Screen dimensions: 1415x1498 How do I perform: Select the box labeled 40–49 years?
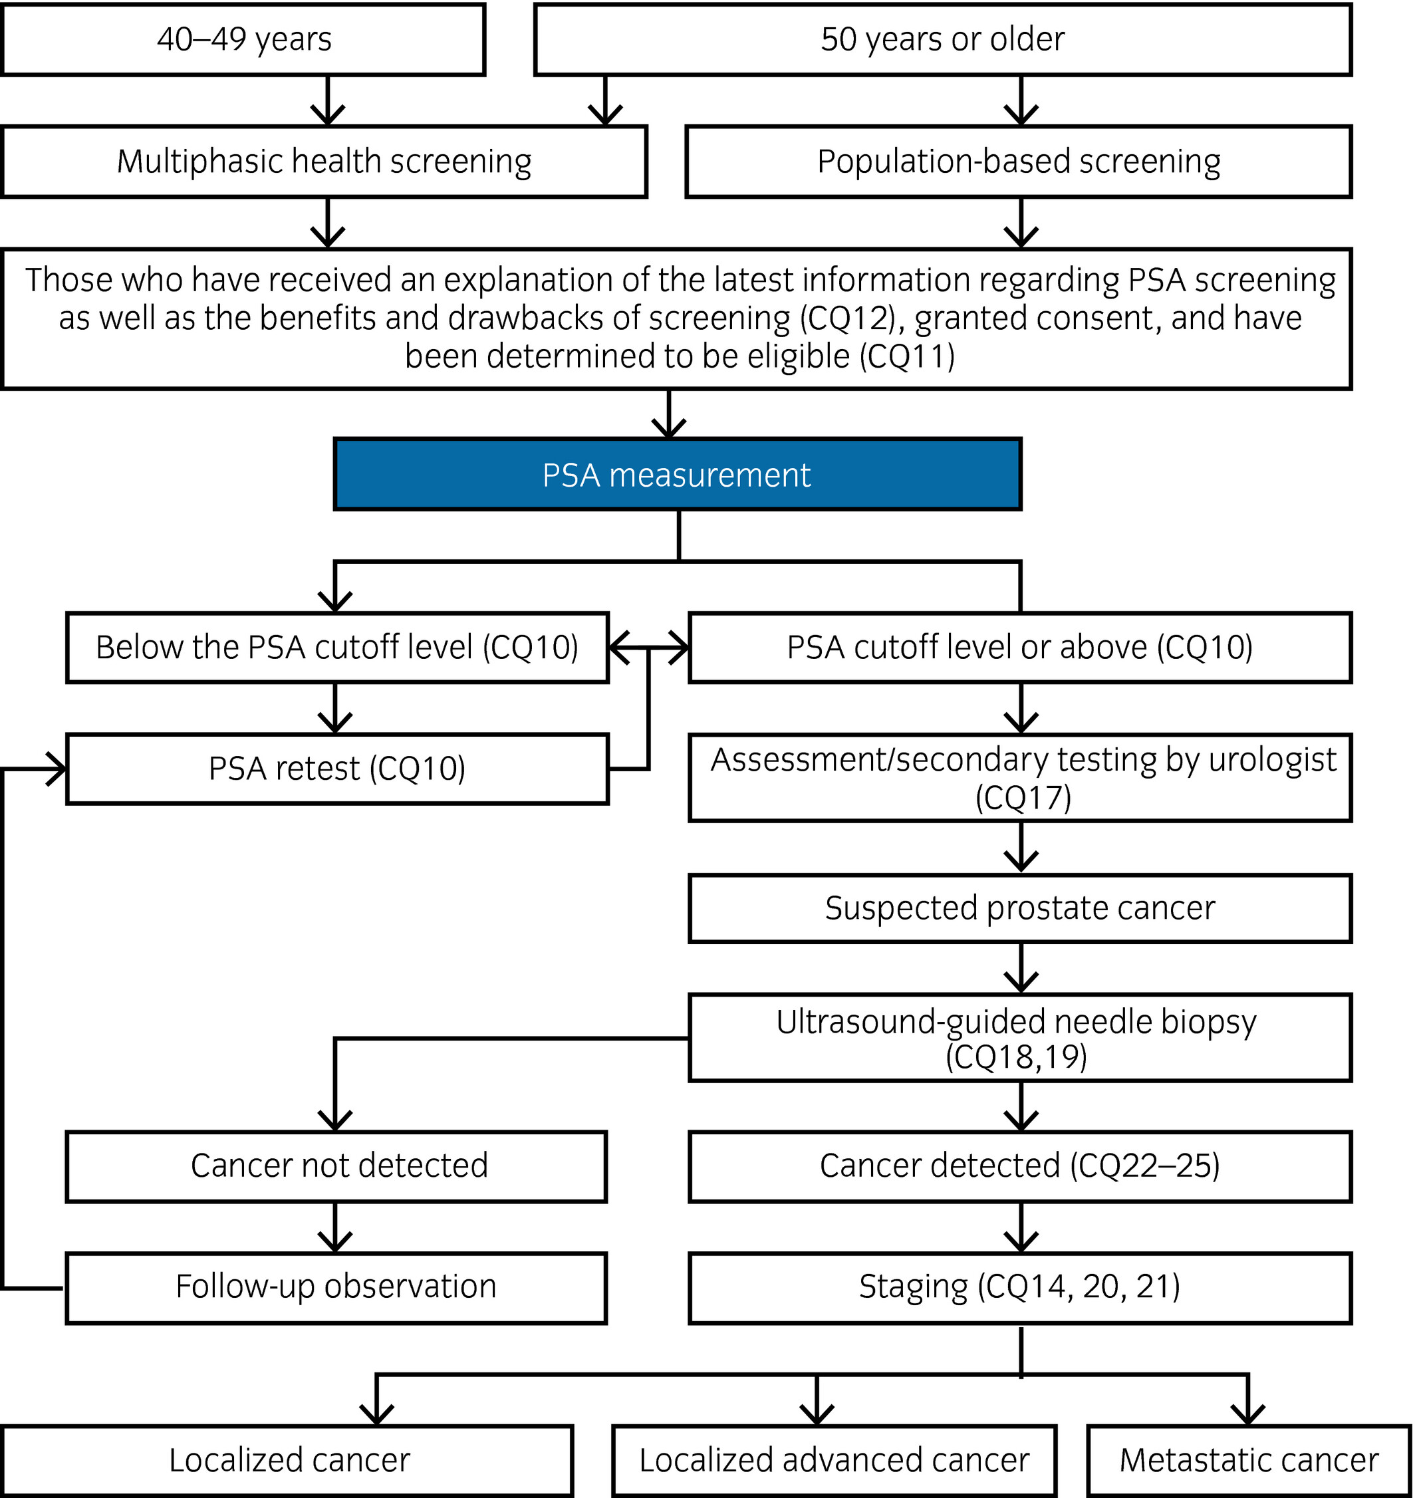tap(243, 39)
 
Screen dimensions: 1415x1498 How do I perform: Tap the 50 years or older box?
tap(943, 39)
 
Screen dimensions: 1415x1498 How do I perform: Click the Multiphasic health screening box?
tap(324, 162)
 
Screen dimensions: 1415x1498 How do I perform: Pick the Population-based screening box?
tap(1019, 162)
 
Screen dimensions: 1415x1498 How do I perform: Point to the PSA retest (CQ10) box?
tap(337, 769)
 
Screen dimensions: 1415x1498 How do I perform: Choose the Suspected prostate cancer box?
tap(1021, 908)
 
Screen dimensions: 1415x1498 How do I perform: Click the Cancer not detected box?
tap(336, 1166)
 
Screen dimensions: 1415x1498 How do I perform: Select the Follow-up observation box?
tap(336, 1287)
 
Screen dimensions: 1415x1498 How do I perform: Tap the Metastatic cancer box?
tap(1249, 1460)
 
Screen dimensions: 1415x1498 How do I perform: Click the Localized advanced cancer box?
tap(835, 1460)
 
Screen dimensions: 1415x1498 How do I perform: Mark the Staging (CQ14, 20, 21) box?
tap(1021, 1287)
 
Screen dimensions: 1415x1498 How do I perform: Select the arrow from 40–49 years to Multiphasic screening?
tap(327, 100)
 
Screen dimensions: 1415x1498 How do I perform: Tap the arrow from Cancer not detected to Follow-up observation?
tap(336, 1227)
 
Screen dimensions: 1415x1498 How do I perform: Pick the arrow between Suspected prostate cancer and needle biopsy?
tap(1021, 969)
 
